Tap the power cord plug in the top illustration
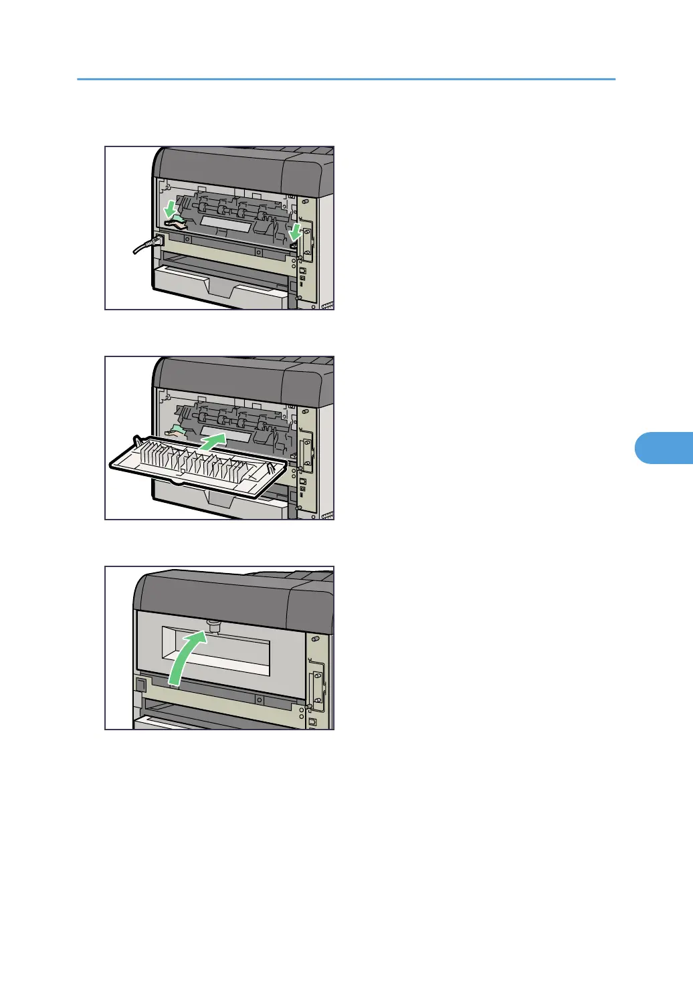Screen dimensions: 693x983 [158, 240]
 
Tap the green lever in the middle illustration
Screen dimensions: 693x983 [178, 430]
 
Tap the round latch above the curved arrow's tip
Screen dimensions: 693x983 [215, 626]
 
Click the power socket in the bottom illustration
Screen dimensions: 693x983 [140, 685]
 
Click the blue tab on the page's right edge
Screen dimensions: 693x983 [663, 448]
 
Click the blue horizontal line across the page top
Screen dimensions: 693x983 [346, 80]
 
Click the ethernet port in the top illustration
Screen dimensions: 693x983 [302, 270]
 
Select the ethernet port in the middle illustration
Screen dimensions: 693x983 [302, 481]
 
